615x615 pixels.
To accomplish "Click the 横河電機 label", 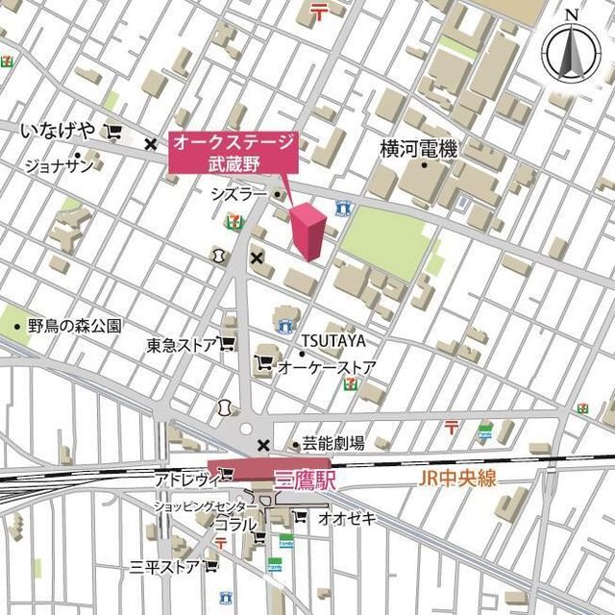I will tap(418, 149).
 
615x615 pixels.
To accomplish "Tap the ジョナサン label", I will tap(59, 165).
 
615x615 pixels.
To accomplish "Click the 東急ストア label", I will tap(182, 345).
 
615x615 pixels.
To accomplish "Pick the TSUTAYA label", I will tap(333, 341).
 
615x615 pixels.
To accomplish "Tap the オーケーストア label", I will tap(326, 367).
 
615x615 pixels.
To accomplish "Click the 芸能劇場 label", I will tap(332, 443).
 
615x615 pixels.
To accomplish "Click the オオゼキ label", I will tap(348, 518).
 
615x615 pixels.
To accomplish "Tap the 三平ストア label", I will tap(164, 567).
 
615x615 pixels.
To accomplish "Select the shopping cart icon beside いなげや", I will tap(115, 132).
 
